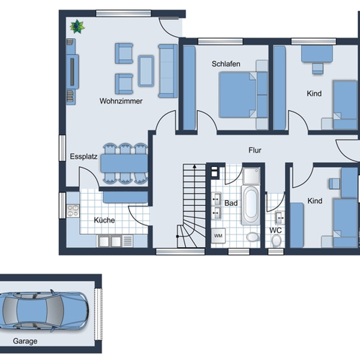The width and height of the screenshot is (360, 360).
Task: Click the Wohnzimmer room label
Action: [121, 101]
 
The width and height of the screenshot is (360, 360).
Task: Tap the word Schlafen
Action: [226, 64]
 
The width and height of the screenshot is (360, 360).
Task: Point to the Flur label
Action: [255, 150]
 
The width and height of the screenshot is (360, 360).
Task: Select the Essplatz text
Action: [84, 157]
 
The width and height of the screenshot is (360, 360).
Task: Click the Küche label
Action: [104, 220]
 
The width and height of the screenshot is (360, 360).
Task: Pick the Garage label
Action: [25, 341]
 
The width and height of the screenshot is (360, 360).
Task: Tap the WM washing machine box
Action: [218, 235]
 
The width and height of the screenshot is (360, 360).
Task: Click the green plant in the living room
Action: [77, 27]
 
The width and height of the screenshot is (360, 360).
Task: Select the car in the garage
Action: [43, 311]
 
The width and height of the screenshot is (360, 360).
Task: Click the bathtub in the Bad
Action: [251, 204]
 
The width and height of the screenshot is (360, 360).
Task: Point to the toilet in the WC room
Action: [276, 240]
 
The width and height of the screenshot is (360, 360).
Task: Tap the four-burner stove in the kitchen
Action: [73, 211]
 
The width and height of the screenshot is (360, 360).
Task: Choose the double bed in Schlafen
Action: [238, 95]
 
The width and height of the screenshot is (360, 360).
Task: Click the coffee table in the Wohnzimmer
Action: [145, 71]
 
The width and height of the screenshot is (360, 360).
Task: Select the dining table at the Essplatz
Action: [124, 163]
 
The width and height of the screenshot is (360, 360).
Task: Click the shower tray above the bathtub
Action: [251, 176]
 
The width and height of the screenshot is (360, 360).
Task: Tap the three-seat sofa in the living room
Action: [168, 71]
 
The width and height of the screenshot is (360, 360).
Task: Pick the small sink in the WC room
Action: [279, 218]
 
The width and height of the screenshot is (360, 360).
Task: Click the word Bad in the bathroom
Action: [231, 203]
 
